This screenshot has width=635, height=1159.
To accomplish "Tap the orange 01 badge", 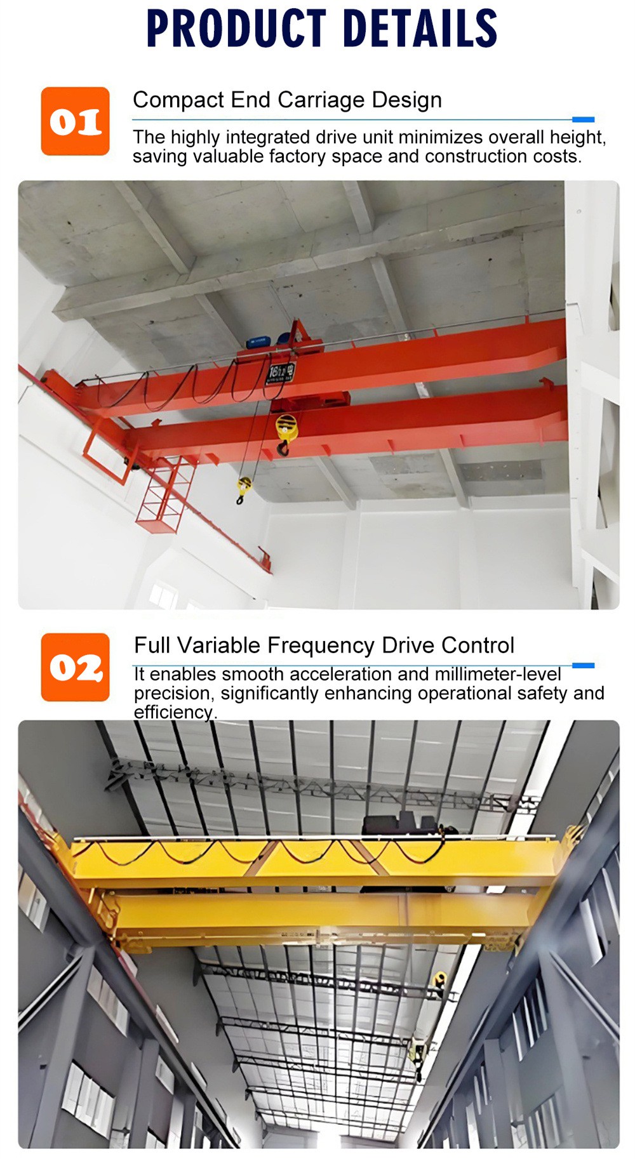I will [x=75, y=121].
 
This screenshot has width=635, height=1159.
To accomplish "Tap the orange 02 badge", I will [x=75, y=667].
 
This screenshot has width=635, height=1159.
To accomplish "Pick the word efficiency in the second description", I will [x=173, y=712].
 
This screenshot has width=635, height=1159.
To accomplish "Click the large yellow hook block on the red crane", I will [x=286, y=428].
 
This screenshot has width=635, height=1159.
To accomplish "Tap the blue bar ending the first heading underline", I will [x=583, y=119].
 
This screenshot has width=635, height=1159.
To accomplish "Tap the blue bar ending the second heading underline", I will [x=583, y=665].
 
